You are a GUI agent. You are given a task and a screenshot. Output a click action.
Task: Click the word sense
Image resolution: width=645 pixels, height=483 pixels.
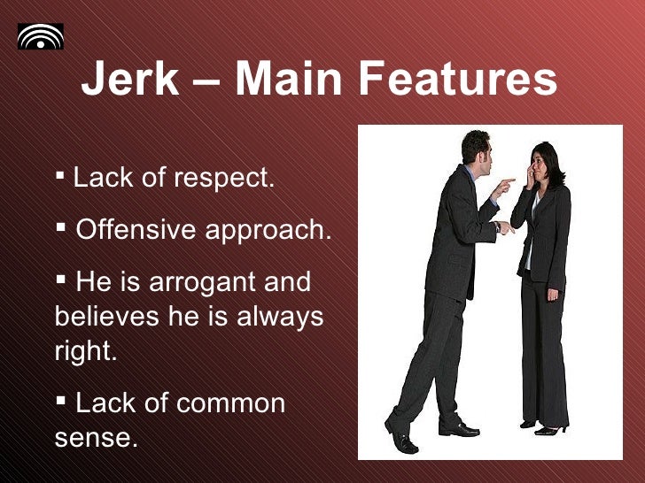pos(96,437)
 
